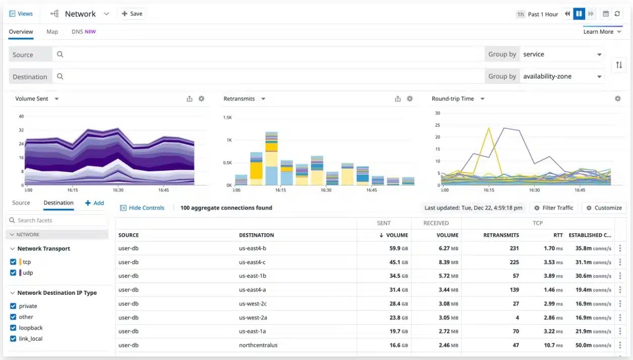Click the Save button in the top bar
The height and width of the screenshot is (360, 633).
[x=132, y=14]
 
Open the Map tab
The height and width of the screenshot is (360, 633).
[x=52, y=32]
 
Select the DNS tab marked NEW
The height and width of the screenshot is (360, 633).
[x=83, y=32]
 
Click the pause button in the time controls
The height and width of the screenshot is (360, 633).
[x=579, y=14]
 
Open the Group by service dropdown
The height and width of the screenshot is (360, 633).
[x=562, y=55]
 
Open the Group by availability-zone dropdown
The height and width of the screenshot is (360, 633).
[x=562, y=77]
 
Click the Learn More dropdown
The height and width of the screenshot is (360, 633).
[x=602, y=32]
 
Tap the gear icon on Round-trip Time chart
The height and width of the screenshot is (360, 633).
[x=617, y=99]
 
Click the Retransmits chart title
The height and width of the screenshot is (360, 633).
[x=239, y=99]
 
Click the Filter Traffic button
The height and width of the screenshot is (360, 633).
[x=554, y=208]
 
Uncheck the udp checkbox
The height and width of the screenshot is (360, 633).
[x=13, y=273]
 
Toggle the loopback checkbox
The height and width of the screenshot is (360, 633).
[x=13, y=328]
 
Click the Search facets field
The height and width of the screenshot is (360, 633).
[x=57, y=221]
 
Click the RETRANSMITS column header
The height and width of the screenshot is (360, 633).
[x=501, y=235]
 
